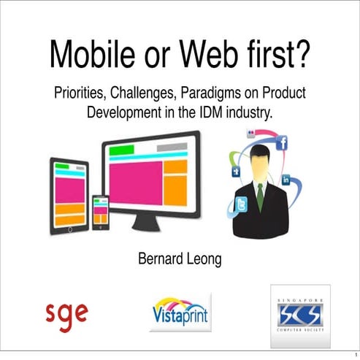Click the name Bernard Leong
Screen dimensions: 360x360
pos(180,258)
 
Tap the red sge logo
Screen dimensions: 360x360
pos(66,313)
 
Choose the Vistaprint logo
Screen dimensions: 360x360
pos(180,313)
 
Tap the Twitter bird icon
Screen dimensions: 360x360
pos(242,205)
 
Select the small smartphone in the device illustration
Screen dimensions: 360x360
pos(100,210)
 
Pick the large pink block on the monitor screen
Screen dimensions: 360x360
pos(134,183)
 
